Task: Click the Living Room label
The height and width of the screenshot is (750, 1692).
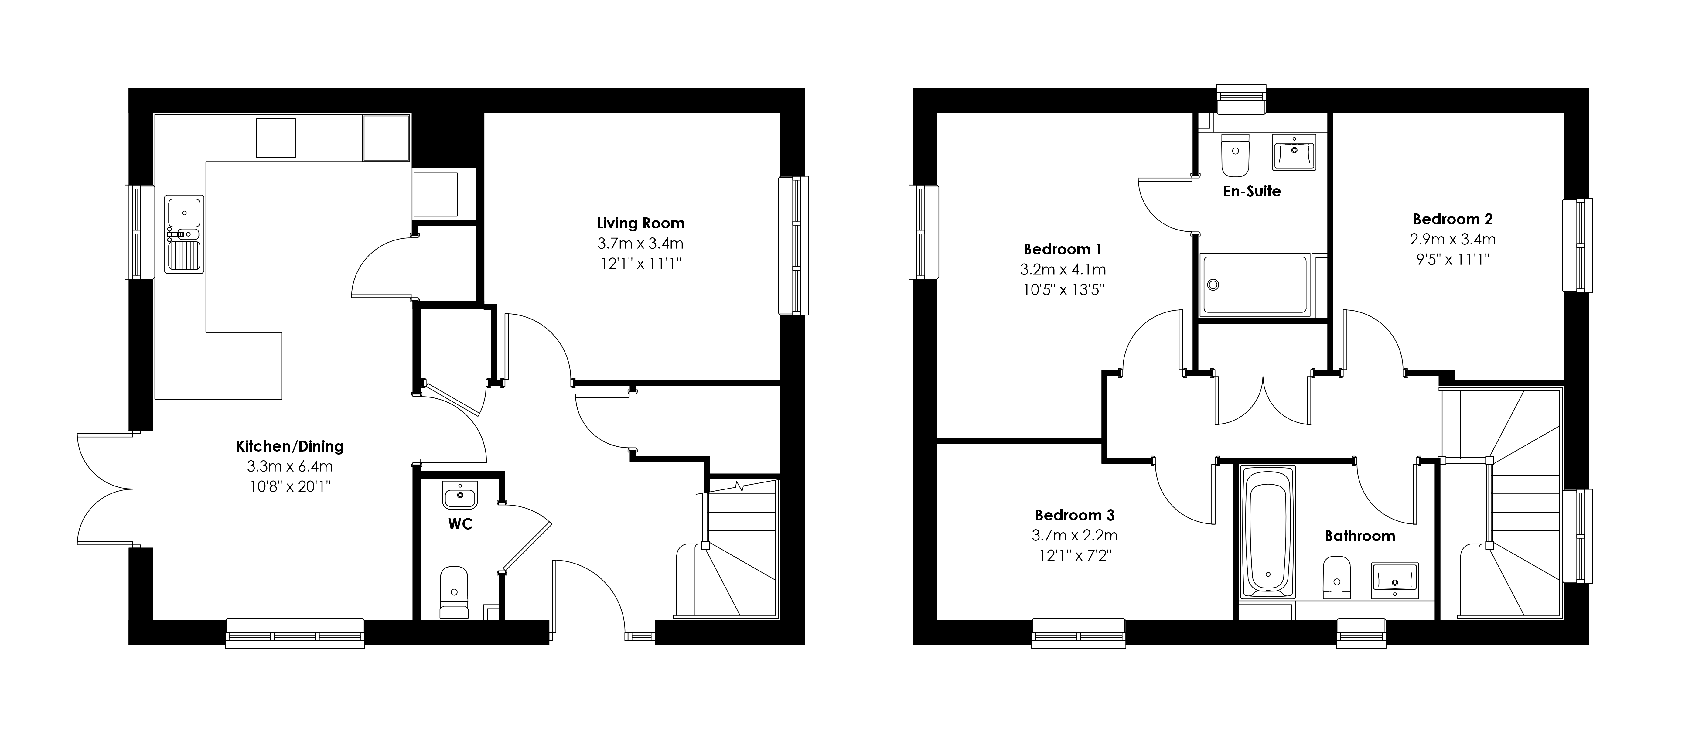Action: tap(640, 223)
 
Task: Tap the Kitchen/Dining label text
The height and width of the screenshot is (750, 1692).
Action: tap(290, 447)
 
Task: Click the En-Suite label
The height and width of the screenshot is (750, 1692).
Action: tap(1252, 191)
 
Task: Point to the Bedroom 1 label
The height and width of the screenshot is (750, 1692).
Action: tap(1063, 250)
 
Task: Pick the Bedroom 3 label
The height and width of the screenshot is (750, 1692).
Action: tap(1075, 516)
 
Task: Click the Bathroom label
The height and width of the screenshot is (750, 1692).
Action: tap(1360, 536)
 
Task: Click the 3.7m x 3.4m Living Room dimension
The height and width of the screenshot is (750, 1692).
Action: tap(640, 244)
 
